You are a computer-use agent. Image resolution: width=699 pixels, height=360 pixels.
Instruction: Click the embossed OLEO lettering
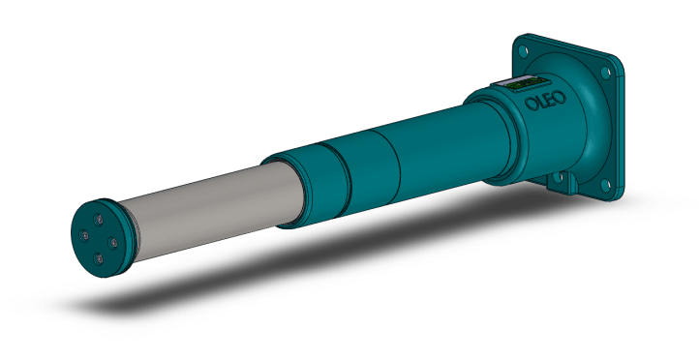[x=546, y=101]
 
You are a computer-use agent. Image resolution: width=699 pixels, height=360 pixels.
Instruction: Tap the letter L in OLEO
[x=541, y=102]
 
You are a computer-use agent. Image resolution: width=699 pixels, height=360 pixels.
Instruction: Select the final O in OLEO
[x=561, y=97]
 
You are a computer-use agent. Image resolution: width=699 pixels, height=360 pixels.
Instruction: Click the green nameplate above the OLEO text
[x=520, y=83]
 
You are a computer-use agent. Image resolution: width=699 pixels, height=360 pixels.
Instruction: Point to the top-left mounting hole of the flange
[x=524, y=51]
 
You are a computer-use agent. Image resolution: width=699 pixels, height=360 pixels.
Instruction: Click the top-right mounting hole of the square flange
[x=605, y=72]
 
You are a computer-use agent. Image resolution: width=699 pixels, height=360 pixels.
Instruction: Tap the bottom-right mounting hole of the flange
[x=605, y=184]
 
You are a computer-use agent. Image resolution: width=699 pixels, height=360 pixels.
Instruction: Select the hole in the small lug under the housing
[x=558, y=178]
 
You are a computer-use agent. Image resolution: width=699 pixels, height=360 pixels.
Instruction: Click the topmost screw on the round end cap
[x=99, y=219]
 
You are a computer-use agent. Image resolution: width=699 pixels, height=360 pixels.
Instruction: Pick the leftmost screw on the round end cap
[x=84, y=235]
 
